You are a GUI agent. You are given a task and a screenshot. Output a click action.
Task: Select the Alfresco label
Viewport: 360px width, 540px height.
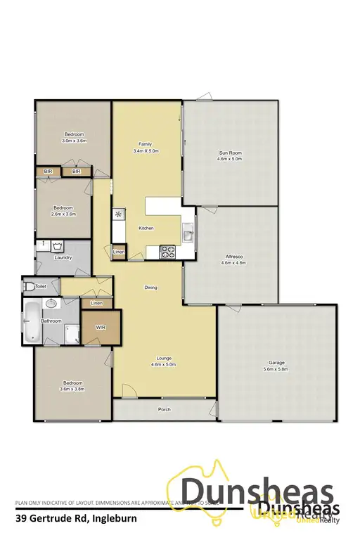pyautogui.click(x=233, y=258)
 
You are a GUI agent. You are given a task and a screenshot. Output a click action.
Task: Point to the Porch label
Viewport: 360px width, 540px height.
pyautogui.click(x=165, y=409)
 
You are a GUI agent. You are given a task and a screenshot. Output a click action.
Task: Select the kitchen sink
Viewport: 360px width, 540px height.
pyautogui.click(x=188, y=233)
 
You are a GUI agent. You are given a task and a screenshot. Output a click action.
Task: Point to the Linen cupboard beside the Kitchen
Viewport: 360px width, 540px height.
pyautogui.click(x=118, y=251)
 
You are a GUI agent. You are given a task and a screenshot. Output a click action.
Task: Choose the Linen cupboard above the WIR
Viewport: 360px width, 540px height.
pyautogui.click(x=97, y=303)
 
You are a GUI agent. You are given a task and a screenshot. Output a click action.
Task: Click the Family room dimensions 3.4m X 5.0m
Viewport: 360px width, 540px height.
pyautogui.click(x=146, y=150)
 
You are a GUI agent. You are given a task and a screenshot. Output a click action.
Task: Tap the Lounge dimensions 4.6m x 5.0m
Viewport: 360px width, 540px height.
pyautogui.click(x=162, y=364)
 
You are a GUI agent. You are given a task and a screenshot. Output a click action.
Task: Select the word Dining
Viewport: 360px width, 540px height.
pyautogui.click(x=150, y=288)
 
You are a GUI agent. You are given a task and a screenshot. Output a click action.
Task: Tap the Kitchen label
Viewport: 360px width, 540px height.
pyautogui.click(x=146, y=229)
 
